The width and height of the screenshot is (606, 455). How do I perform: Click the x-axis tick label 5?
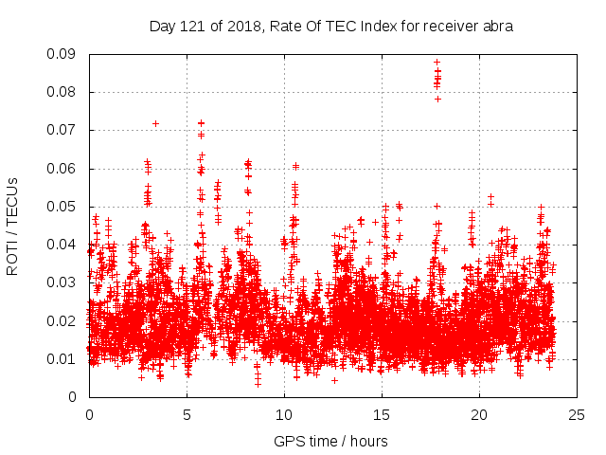(x=187, y=415)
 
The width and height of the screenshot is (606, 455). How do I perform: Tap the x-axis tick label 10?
(x=284, y=415)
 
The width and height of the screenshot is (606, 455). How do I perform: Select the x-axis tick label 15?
(x=382, y=415)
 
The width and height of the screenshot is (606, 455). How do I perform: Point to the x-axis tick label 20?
(x=479, y=415)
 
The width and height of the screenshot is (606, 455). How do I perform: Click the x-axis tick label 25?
(x=577, y=415)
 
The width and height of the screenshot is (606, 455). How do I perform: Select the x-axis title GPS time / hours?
(x=330, y=442)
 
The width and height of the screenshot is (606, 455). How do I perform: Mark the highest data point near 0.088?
(x=437, y=62)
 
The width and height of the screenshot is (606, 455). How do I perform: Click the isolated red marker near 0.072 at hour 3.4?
(x=155, y=123)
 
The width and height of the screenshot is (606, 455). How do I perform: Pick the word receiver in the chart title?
(x=449, y=27)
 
